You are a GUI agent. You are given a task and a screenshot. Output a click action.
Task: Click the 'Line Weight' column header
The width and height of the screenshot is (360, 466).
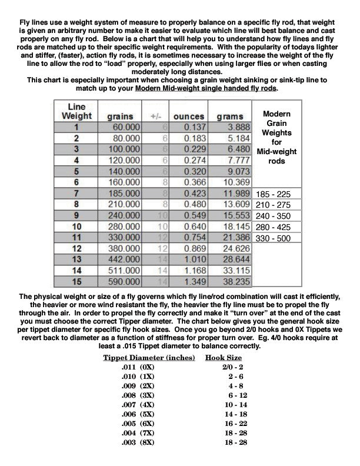coord(76,111)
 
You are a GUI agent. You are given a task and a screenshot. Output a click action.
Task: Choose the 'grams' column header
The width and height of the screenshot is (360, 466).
coord(230,116)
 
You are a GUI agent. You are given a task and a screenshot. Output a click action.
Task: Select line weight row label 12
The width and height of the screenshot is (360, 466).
coord(76,249)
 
